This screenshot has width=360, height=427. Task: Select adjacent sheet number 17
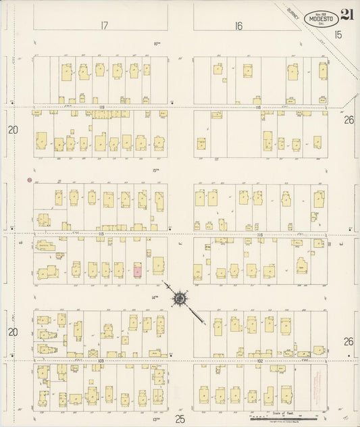point(105,26)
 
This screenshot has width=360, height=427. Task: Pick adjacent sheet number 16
point(238,26)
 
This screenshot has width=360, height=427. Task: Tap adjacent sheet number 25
point(180,419)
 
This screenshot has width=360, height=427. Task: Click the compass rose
point(180,297)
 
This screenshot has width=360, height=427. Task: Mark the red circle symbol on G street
point(28,181)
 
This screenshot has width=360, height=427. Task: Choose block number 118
point(257,107)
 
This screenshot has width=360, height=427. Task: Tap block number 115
point(100,233)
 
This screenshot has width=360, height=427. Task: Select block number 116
point(259,233)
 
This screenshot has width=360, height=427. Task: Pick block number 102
point(259,361)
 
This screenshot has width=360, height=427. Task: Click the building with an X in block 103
point(93,353)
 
